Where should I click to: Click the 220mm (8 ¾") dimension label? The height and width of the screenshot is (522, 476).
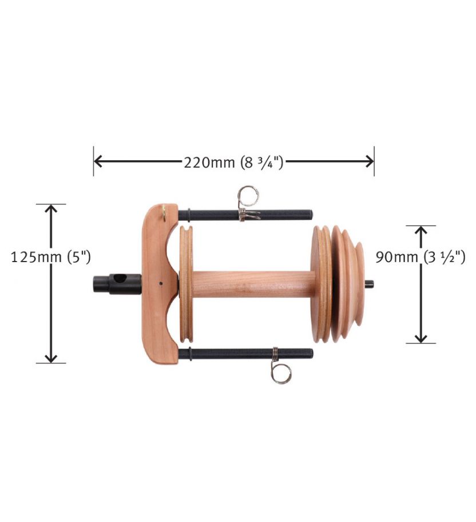[233, 163]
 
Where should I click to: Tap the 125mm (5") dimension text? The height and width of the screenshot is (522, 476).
[51, 258]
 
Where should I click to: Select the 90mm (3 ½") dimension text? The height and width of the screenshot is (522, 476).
[421, 258]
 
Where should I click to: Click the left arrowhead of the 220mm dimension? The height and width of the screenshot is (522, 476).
[98, 161]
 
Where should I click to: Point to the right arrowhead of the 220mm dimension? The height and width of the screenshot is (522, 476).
[370, 161]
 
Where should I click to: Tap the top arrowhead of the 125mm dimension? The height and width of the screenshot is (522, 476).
[51, 209]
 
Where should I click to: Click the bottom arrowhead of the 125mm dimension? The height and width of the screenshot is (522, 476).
[51, 358]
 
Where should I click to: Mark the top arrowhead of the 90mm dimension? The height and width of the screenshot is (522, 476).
[421, 230]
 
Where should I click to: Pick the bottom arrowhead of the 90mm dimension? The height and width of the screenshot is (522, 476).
[421, 338]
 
